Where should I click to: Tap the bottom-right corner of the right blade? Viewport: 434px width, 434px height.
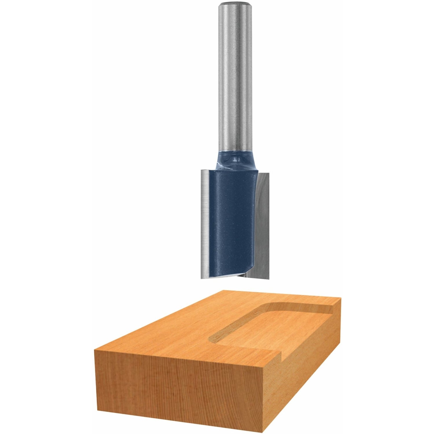click(x=269, y=278)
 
